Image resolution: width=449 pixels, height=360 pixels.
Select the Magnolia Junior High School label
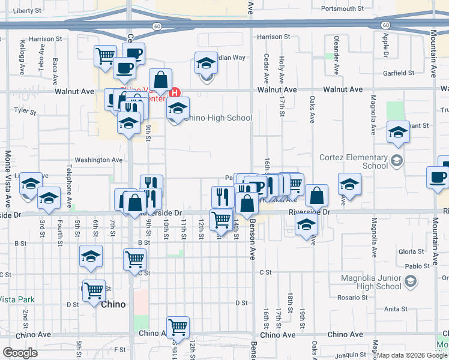point(370,282)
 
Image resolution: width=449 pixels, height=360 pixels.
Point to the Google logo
point(19,353)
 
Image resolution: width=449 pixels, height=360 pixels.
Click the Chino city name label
point(113,304)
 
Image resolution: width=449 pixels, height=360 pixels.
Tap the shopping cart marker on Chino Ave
point(178,327)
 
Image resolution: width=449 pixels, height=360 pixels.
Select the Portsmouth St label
point(343,9)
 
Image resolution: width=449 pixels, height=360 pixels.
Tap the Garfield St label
point(399,74)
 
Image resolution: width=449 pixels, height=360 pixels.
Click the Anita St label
point(396,309)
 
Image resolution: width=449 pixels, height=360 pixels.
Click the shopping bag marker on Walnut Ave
point(161,80)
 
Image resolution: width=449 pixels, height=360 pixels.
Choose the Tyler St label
point(25,111)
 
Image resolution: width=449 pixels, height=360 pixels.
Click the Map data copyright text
point(411,355)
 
